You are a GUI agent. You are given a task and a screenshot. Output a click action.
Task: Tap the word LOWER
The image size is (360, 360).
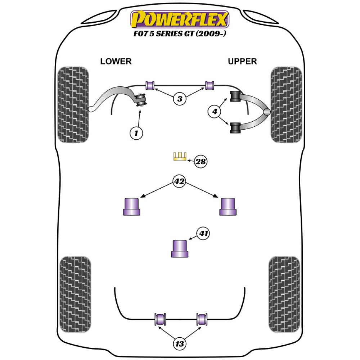coord(116,62)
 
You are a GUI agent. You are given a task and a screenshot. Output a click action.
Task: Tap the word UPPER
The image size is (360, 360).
coord(242,62)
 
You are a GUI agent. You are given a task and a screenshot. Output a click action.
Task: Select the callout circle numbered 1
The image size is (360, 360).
coord(136,134)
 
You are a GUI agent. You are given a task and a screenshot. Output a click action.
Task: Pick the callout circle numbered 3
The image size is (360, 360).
coord(180,98)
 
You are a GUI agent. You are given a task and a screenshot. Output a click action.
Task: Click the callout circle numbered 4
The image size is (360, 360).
coord(215,112)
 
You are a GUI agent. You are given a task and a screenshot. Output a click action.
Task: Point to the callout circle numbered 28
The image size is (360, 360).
coord(201,162)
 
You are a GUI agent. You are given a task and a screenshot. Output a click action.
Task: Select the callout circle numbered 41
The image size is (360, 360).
coord(204,234)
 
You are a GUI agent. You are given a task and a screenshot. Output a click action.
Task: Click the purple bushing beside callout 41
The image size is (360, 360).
coord(180,248)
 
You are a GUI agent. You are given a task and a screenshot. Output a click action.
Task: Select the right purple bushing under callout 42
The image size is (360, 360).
coord(228,207)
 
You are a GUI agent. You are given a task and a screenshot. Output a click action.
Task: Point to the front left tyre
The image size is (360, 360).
coord(73,104)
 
